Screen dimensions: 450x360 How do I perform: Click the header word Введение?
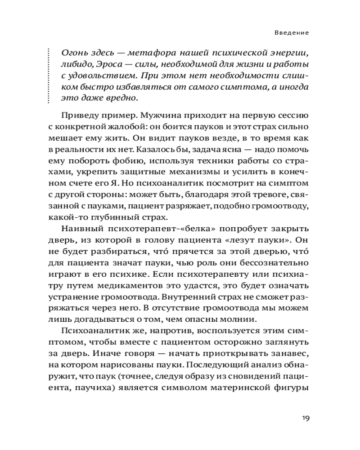(x=293, y=33)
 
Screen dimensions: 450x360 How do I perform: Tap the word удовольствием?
(x=97, y=75)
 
